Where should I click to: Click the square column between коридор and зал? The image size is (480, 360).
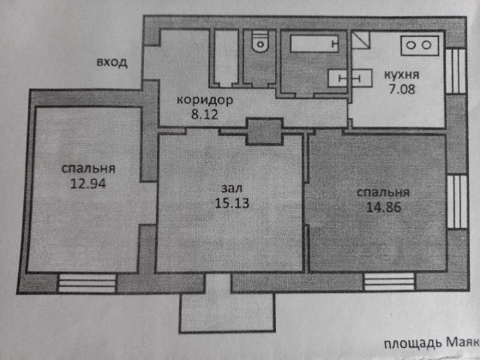click(259, 133)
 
